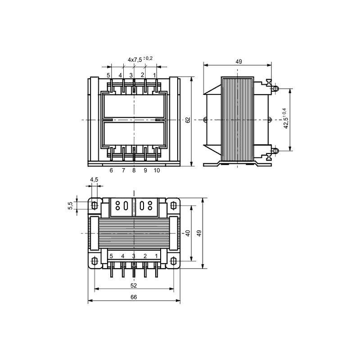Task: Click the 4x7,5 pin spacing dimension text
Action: click(x=140, y=59)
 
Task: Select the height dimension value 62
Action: click(x=188, y=120)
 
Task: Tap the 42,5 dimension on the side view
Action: click(x=286, y=119)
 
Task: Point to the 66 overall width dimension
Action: click(x=134, y=297)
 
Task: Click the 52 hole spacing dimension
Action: click(x=134, y=285)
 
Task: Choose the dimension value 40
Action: click(x=188, y=233)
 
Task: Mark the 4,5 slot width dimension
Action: click(x=94, y=180)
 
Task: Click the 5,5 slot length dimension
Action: click(x=70, y=206)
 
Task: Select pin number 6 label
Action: click(x=111, y=171)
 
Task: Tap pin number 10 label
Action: click(x=157, y=171)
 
